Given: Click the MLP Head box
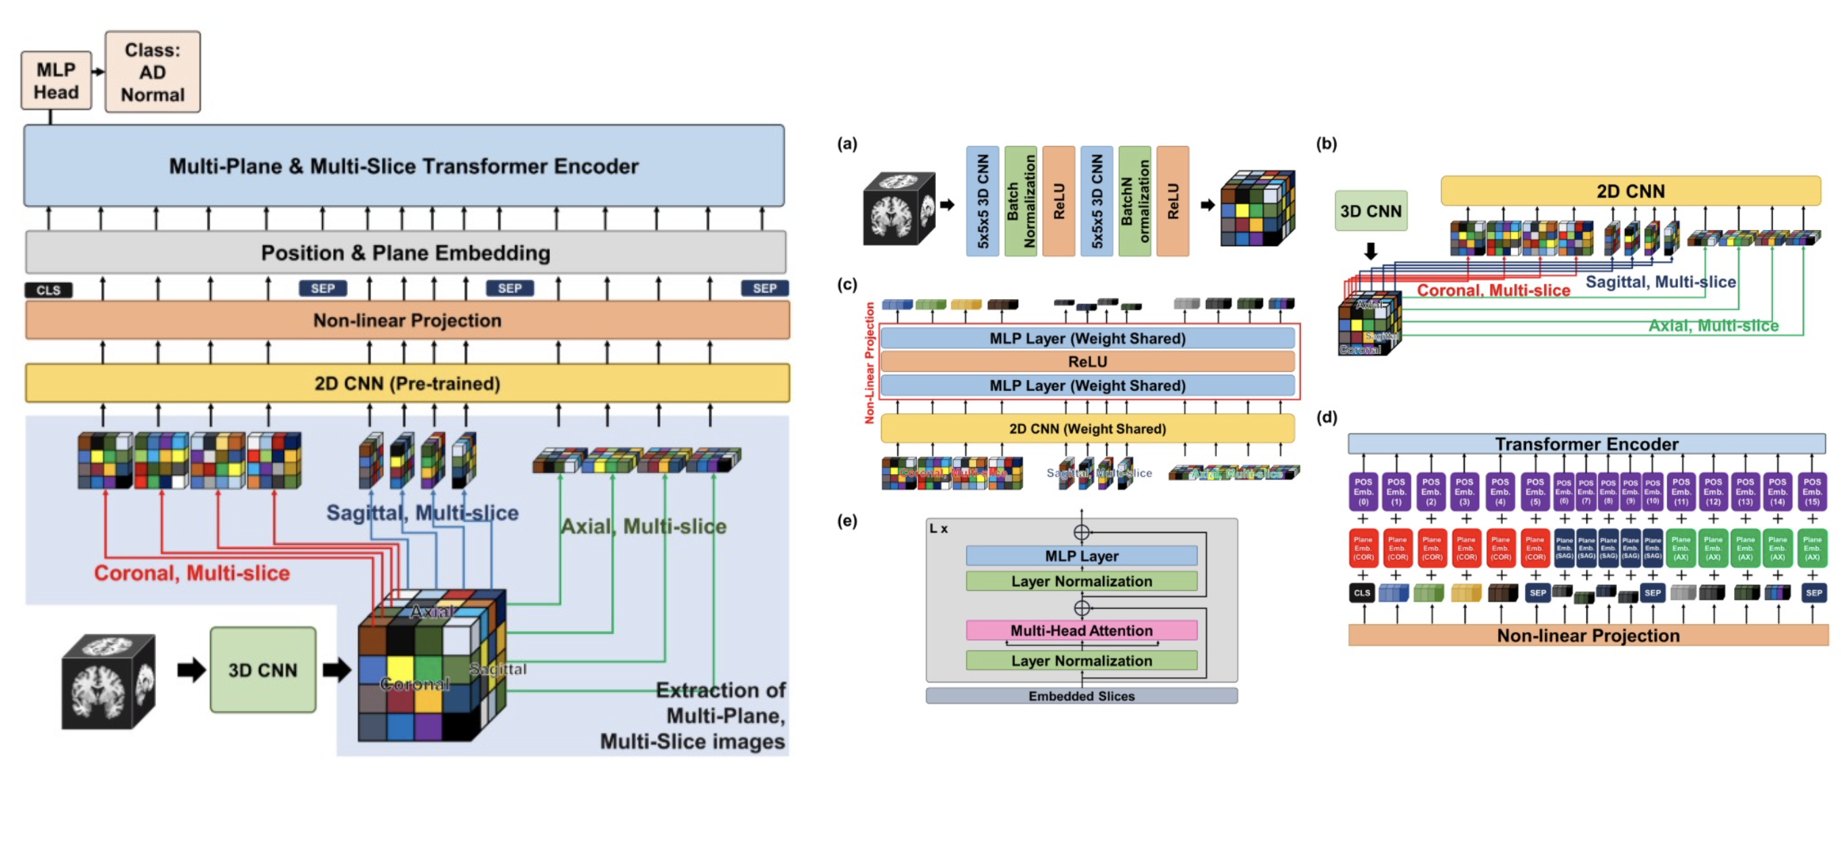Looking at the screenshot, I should point(56,81).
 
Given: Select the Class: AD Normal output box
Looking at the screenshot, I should point(153,72).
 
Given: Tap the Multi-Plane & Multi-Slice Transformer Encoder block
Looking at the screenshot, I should point(404,166).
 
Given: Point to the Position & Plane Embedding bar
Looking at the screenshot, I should point(406,252).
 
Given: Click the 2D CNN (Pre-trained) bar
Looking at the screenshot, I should point(407,383).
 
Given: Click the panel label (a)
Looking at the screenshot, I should point(846,144).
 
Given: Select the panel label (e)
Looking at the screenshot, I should point(846,520).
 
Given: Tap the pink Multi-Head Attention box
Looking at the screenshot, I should point(1081,631).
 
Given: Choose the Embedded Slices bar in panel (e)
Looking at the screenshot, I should point(1081,696).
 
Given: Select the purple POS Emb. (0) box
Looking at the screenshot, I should point(1363,491).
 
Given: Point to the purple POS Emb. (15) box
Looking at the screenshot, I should point(1812,491).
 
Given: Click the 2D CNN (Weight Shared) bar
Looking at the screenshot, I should point(1087,428).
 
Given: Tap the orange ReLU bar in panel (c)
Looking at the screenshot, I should point(1087,362).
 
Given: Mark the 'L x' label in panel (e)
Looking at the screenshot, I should point(938,529).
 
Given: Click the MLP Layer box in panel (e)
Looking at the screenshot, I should point(1081,556).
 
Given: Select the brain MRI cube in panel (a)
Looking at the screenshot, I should point(899,209).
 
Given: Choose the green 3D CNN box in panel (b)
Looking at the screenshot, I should point(1370,211).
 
